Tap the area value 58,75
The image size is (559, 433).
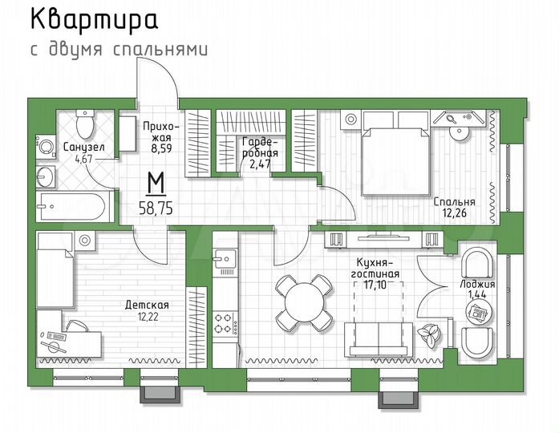(156, 206)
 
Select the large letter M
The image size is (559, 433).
(157, 184)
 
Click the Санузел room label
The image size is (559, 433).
(83, 148)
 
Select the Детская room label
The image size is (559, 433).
(147, 305)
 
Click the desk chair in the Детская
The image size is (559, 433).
(78, 329)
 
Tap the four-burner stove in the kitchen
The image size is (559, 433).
(225, 323)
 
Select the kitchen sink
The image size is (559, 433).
(224, 258)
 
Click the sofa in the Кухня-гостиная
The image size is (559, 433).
(378, 337)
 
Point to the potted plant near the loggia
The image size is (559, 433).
(431, 335)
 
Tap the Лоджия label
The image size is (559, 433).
(481, 284)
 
